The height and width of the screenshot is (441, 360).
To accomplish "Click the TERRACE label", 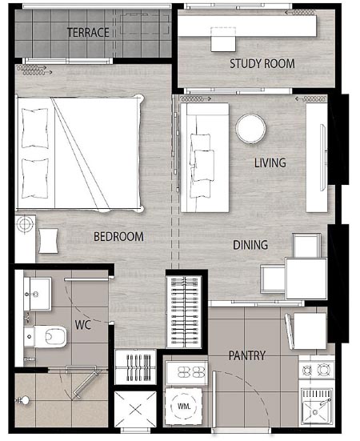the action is click(x=88, y=33).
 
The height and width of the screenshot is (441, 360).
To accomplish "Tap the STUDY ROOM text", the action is click(x=262, y=63).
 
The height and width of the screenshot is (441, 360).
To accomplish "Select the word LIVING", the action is click(x=270, y=162).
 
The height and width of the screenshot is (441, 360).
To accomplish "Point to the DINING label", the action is click(x=250, y=245).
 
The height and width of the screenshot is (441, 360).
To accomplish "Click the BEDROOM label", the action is click(x=118, y=237).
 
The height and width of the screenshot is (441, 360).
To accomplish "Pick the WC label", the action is click(x=83, y=325).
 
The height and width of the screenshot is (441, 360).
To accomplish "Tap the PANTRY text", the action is click(x=246, y=356).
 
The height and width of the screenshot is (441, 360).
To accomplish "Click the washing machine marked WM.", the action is click(x=184, y=406).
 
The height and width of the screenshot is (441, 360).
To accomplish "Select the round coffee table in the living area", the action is click(x=250, y=129).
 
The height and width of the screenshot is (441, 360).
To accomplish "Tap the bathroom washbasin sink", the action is click(x=38, y=294).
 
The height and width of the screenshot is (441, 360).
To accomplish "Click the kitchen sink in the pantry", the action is click(x=317, y=407).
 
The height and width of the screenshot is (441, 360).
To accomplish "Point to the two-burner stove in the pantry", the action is click(x=317, y=370).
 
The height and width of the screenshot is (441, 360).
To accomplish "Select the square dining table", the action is click(x=306, y=279).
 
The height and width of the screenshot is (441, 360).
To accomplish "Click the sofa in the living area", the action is click(x=205, y=158).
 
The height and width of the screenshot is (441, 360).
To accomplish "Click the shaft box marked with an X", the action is click(x=135, y=410).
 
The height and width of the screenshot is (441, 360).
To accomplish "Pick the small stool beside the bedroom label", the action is click(x=48, y=241).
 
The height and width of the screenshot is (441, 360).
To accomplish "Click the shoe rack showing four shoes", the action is click(x=187, y=372).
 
